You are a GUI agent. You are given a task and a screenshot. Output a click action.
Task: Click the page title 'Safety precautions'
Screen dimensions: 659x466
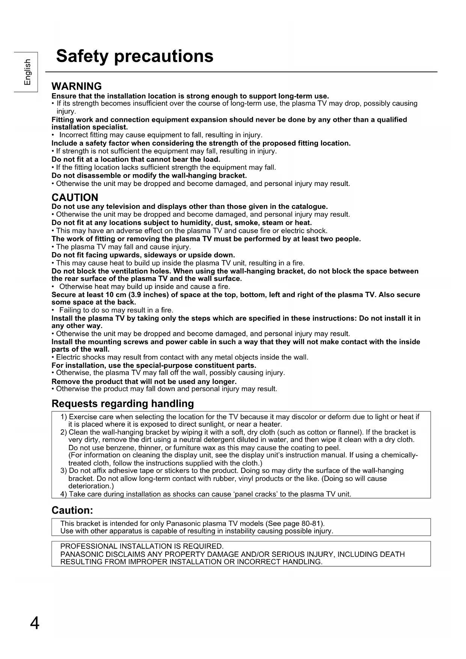point(134,56)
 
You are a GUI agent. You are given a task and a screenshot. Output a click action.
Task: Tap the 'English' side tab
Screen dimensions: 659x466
point(27,72)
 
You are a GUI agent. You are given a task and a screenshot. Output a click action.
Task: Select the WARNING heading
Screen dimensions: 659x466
point(77,86)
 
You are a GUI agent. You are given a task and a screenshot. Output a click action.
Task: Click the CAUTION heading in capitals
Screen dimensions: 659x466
point(75,198)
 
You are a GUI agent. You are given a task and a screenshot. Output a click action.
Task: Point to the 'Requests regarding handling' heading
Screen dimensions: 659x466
point(123,404)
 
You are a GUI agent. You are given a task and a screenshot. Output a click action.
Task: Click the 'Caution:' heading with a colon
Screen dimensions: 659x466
point(72,511)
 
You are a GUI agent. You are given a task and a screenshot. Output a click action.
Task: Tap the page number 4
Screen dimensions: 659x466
point(35,623)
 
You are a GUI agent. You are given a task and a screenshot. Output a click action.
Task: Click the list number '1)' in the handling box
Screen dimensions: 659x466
point(64,417)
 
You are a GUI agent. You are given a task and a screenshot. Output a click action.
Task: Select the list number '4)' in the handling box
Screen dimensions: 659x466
point(64,494)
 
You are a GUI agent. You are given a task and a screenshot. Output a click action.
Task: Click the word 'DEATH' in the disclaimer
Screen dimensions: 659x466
point(394,554)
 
